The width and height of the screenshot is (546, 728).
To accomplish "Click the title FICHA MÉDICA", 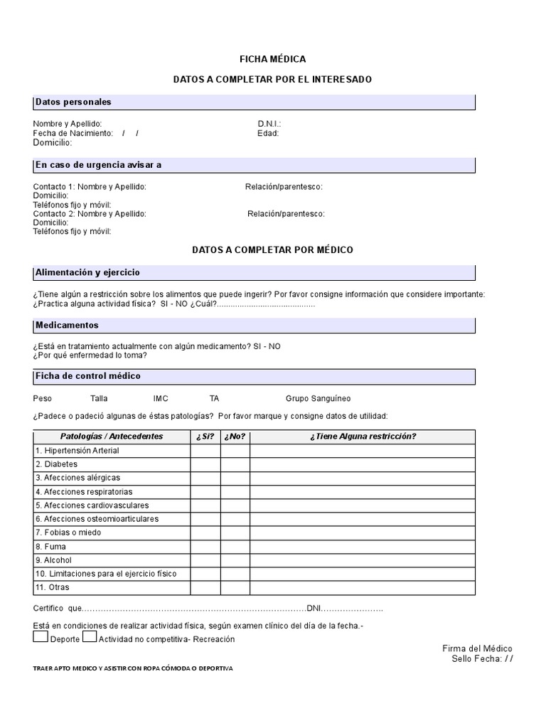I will [272, 59].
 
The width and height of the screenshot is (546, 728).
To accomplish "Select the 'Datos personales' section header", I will [73, 102].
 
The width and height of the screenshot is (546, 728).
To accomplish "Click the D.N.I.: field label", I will [269, 124].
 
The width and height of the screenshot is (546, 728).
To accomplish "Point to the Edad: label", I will [268, 133].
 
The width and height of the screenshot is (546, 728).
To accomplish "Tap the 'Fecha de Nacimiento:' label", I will [73, 133].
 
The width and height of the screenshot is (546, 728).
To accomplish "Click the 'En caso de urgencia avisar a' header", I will [98, 165].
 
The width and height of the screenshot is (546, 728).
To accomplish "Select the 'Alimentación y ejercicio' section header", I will [87, 272].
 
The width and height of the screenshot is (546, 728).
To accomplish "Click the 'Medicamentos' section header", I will [67, 325].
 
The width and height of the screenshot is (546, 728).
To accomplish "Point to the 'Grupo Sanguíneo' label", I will [318, 399].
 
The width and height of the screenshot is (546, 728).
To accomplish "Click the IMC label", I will [161, 399].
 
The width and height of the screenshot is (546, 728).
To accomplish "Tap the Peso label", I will [43, 399].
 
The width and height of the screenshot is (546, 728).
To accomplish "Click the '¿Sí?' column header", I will [205, 437].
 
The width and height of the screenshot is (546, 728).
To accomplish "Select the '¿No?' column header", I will [235, 437].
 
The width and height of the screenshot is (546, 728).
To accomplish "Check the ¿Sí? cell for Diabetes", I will [205, 464].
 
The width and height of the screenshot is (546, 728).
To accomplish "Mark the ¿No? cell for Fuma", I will [235, 547].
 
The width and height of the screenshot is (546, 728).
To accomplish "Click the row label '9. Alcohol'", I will [53, 560].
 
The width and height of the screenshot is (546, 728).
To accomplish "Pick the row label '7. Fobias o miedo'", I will [68, 532].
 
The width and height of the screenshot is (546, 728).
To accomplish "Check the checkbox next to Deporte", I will [41, 637].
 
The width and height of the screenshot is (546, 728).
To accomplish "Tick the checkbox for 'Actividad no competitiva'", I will [90, 637].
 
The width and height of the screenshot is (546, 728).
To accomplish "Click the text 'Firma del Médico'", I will [477, 648].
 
